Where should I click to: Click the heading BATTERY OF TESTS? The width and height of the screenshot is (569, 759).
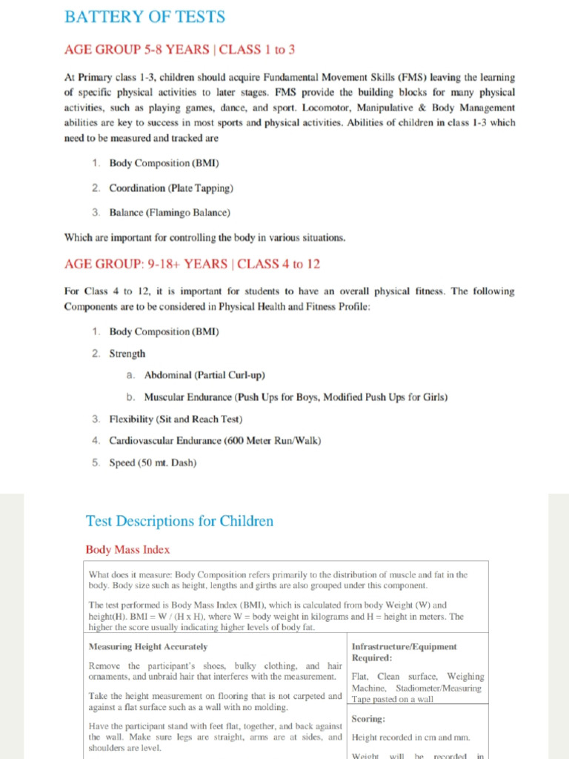pyautogui.click(x=144, y=16)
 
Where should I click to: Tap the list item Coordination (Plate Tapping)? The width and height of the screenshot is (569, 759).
pyautogui.click(x=171, y=188)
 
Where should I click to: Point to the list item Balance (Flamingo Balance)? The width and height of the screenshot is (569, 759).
pyautogui.click(x=170, y=213)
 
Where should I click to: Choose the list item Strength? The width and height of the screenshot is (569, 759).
pyautogui.click(x=127, y=354)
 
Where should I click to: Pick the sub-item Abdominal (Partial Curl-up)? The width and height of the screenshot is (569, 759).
pyautogui.click(x=204, y=375)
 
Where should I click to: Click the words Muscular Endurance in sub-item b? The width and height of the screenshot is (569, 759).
pyautogui.click(x=188, y=397)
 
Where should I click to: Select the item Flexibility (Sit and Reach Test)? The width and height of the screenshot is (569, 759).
pyautogui.click(x=176, y=419)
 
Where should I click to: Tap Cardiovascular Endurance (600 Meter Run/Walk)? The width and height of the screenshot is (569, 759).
pyautogui.click(x=215, y=440)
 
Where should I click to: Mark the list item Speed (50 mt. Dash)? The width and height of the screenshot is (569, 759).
pyautogui.click(x=153, y=463)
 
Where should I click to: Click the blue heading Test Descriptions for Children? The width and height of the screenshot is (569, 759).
pyautogui.click(x=179, y=521)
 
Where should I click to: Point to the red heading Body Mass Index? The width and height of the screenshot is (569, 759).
pyautogui.click(x=127, y=550)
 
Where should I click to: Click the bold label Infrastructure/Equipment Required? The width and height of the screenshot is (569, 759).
pyautogui.click(x=404, y=652)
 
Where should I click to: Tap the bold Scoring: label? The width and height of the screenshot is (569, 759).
pyautogui.click(x=368, y=719)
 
